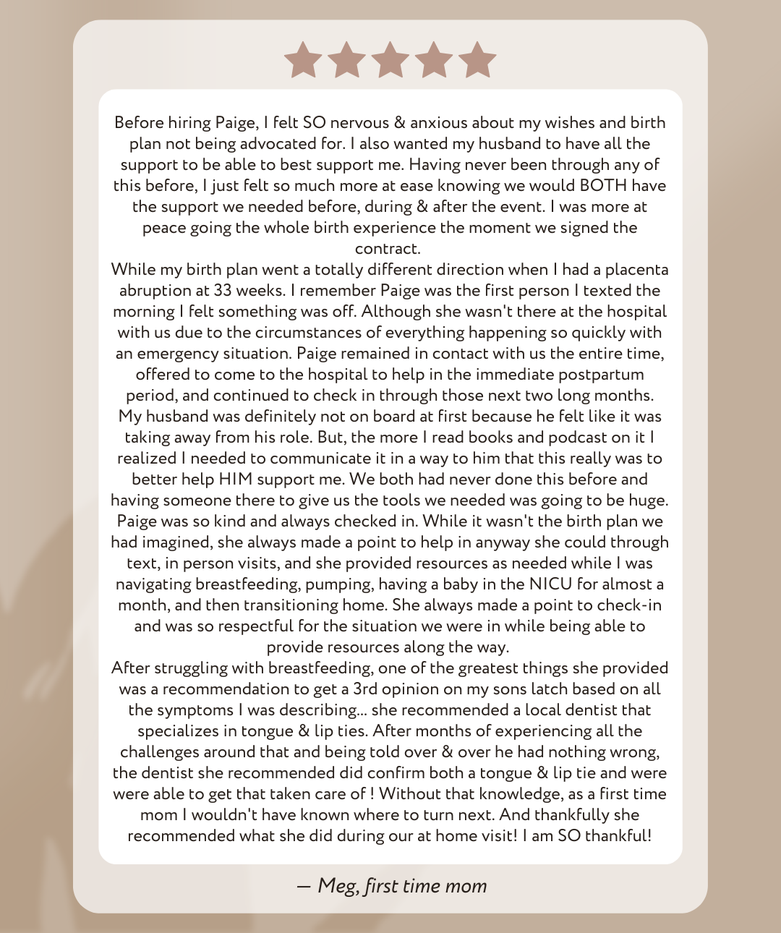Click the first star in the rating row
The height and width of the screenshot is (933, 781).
pos(303,59)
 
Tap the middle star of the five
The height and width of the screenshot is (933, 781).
pos(390,59)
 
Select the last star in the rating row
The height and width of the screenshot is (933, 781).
pos(477,59)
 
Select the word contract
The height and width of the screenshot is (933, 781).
pos(388,249)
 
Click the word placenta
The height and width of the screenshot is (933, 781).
pos(636,270)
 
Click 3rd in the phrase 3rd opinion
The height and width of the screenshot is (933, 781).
pos(365,689)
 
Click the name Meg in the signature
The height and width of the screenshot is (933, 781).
pos(337,886)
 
